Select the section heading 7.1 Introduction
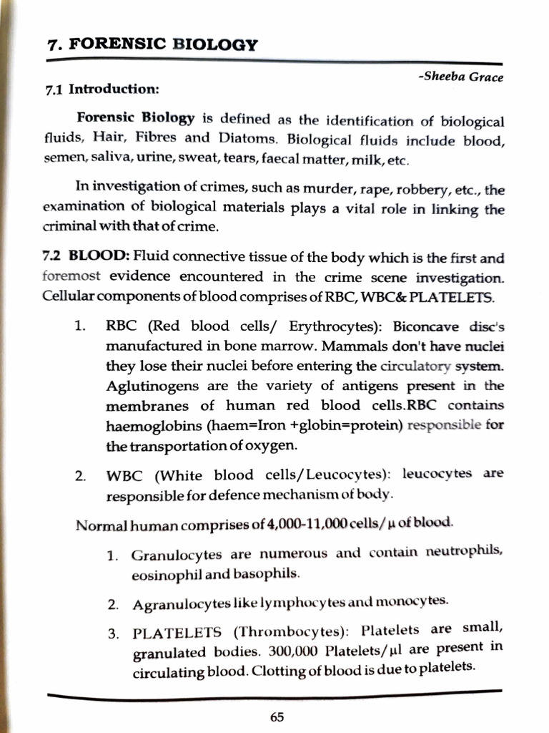pos(102,89)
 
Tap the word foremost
pos(71,276)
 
